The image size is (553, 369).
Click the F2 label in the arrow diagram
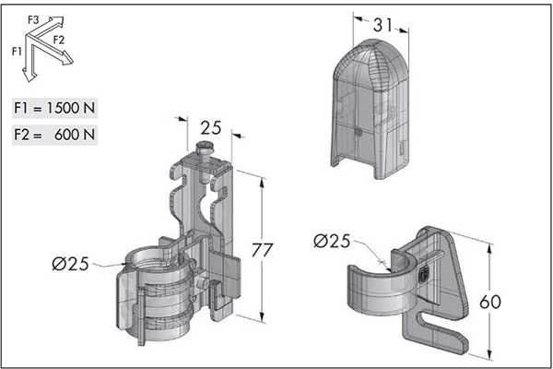coord(59,40)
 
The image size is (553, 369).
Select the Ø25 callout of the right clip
coord(334,242)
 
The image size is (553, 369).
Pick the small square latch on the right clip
coord(423,272)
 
